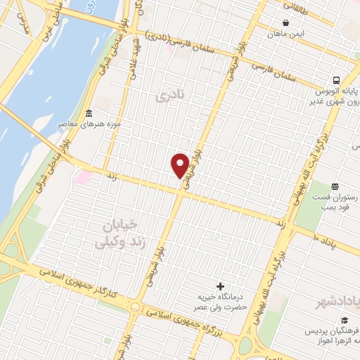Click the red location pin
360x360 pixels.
point(180,165)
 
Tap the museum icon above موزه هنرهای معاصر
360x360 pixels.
point(89,114)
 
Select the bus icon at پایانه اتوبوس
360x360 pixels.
point(337,80)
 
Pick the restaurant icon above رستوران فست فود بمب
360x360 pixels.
point(335,187)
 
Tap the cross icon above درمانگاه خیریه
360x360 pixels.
point(221,287)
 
